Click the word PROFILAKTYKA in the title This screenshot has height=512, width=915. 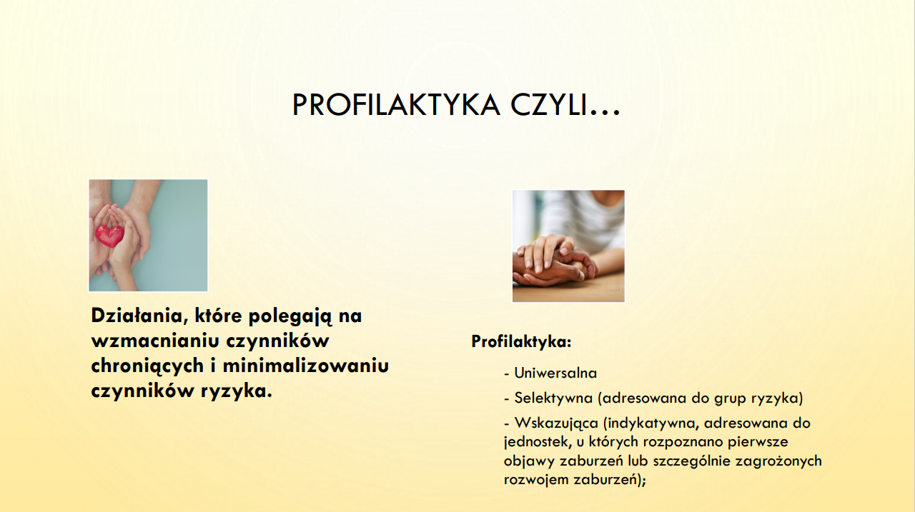[x=396, y=105]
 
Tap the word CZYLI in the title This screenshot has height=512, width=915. [x=548, y=105]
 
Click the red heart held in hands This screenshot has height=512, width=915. [x=110, y=236]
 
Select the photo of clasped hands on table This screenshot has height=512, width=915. [x=568, y=246]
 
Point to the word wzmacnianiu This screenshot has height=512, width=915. [x=156, y=341]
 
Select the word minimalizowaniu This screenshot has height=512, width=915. [x=305, y=365]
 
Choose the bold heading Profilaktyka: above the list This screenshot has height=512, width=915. [x=521, y=341]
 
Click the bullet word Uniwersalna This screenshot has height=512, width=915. [x=555, y=373]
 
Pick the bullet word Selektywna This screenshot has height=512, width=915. [x=553, y=398]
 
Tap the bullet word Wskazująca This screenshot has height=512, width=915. [x=556, y=423]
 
